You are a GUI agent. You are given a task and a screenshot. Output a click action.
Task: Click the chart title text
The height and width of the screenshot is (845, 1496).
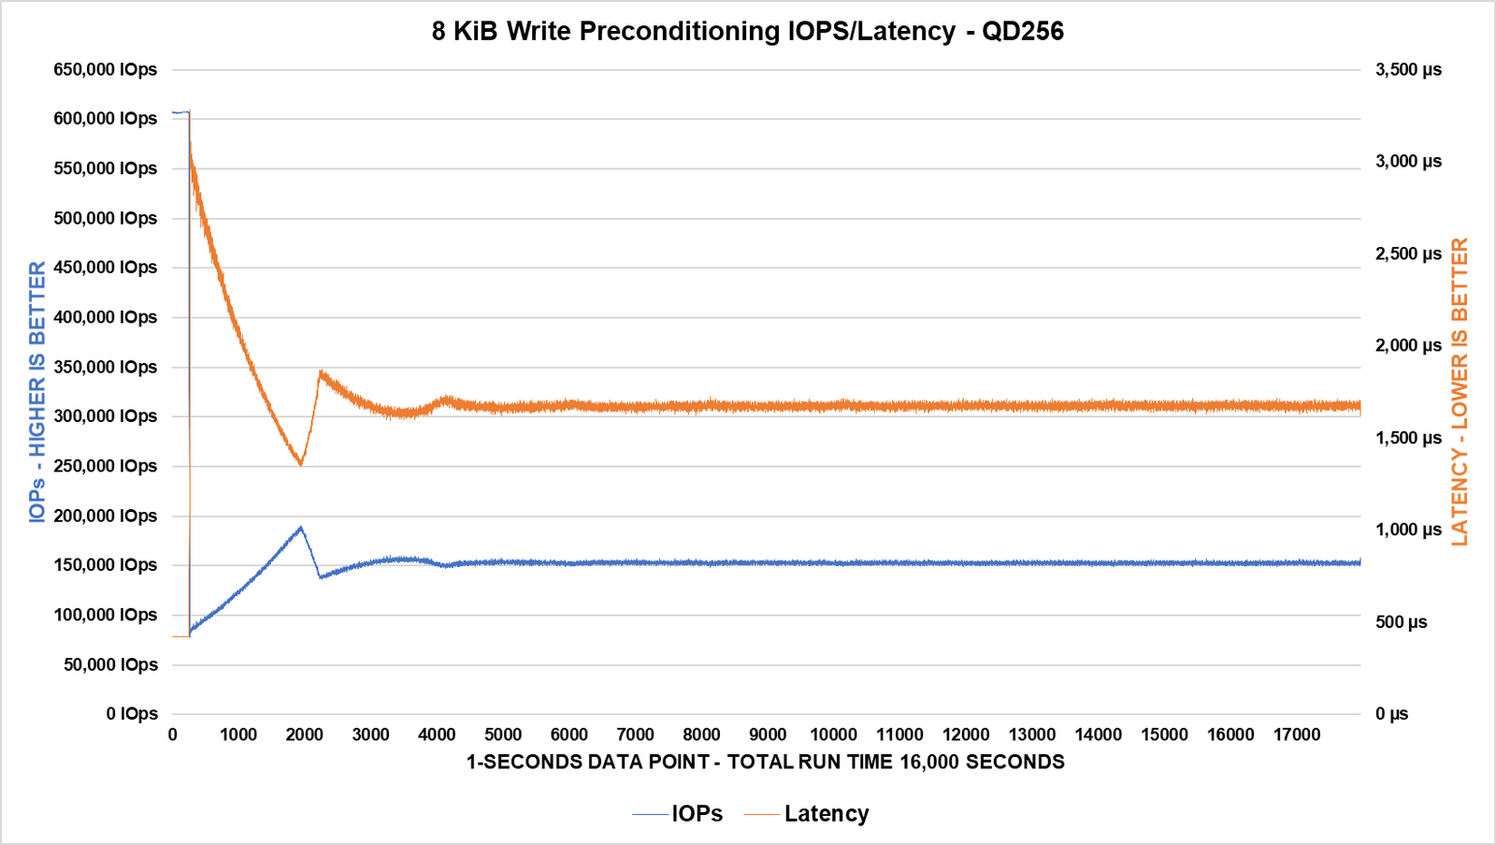[747, 32]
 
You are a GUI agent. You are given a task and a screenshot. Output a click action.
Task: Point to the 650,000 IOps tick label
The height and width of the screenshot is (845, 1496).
[106, 69]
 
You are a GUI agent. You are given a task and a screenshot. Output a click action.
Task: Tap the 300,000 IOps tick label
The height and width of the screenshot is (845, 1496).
[106, 416]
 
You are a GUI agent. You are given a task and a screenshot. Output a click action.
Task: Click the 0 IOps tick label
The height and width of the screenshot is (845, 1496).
[132, 714]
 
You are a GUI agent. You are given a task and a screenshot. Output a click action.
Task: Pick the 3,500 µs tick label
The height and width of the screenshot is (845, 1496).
[1408, 69]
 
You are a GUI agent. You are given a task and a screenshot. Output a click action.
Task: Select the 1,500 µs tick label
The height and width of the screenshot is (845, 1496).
[1408, 438]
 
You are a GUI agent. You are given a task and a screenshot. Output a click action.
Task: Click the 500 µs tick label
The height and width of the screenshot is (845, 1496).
[1401, 622]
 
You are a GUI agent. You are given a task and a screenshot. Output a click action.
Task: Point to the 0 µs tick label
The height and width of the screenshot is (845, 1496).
[1391, 714]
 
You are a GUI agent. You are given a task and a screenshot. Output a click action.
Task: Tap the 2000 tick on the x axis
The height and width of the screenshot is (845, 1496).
[305, 735]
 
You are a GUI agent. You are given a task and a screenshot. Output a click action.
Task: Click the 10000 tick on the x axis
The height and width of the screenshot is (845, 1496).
[833, 735]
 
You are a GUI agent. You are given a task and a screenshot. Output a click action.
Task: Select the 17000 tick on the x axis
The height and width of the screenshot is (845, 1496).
[1297, 735]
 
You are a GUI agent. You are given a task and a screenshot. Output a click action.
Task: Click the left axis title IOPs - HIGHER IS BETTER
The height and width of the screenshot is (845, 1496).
[37, 391]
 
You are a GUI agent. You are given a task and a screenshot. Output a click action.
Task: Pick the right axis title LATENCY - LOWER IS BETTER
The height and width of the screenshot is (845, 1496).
[1460, 391]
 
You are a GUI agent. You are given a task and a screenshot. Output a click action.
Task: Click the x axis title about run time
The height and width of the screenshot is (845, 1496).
[765, 762]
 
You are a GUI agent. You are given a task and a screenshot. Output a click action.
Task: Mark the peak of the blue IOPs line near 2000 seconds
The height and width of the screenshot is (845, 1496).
[300, 528]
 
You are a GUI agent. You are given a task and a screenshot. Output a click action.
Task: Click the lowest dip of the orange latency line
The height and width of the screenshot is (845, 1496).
[300, 464]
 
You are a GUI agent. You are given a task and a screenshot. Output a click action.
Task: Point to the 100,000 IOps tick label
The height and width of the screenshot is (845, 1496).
[106, 615]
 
